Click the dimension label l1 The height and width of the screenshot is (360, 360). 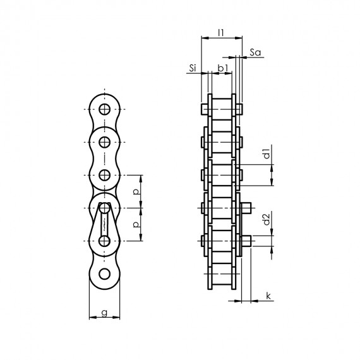[x=220, y=33]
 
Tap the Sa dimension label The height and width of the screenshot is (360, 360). [x=255, y=52]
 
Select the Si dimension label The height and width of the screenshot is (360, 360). [x=193, y=68]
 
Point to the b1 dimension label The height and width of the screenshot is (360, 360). [x=223, y=68]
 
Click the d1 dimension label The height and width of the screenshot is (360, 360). [x=267, y=154]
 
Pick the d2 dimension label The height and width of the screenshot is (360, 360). [x=267, y=220]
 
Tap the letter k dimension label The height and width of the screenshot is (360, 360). [x=268, y=296]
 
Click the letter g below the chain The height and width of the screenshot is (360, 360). [x=104, y=313]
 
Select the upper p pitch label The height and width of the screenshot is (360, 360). [x=136, y=192]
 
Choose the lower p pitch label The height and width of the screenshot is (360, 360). [x=136, y=224]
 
